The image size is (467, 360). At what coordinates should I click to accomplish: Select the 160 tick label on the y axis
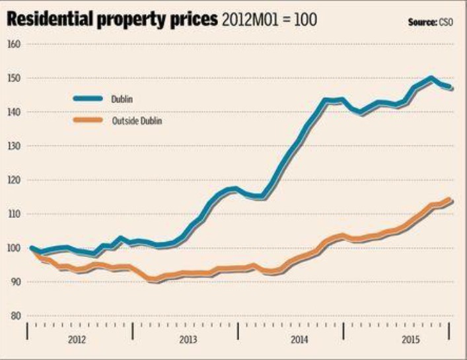coord(14,44)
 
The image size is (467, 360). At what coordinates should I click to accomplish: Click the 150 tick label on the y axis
coord(14,78)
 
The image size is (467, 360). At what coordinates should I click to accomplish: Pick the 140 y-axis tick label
coord(14,112)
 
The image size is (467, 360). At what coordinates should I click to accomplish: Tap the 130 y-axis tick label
coord(14,146)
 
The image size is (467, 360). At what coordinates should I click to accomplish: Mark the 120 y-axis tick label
coord(14,180)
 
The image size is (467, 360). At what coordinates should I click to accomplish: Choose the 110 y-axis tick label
coord(14,214)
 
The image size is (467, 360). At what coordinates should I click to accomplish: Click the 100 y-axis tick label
coord(14,248)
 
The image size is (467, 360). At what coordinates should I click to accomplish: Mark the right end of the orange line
coord(450,200)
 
